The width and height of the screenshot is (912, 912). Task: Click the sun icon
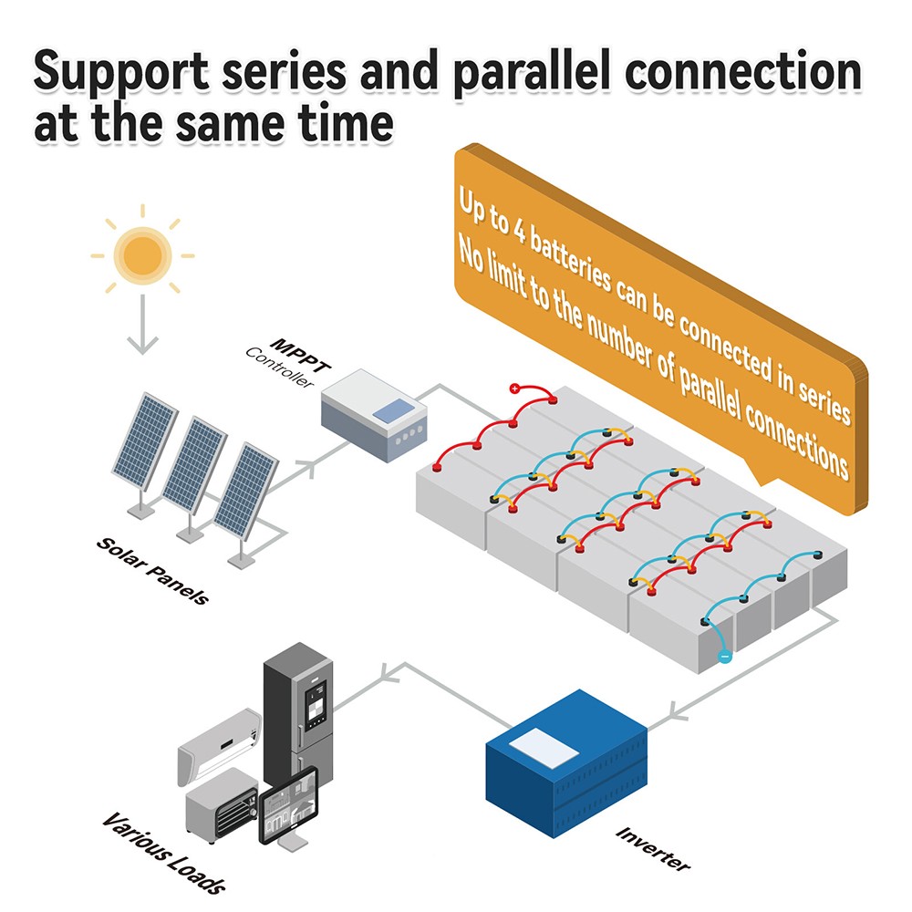point(142,255)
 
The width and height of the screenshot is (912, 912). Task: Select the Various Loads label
point(163,852)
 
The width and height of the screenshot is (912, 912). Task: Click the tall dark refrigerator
point(297,720)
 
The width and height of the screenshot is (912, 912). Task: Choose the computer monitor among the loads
point(289,806)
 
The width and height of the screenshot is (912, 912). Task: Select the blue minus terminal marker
point(724,655)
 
